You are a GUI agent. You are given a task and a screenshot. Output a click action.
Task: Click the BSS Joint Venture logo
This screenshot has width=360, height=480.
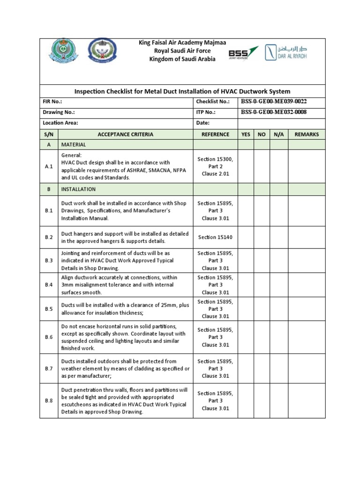coord(243,52)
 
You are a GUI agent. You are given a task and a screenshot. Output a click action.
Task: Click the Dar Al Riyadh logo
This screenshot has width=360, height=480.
coord(286,52)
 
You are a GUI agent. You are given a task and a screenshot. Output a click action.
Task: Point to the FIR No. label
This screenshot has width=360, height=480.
coord(52,102)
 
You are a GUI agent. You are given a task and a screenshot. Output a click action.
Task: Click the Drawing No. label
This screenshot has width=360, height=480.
coord(59,112)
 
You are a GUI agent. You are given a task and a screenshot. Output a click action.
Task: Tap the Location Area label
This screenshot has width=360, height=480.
coord(60,123)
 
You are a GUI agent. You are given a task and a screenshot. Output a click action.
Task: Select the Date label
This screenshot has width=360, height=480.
coord(202,123)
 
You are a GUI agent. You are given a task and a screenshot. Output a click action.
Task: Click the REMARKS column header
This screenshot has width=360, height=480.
coord(306,135)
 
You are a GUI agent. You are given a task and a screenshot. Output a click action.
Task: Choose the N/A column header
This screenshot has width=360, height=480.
coord(278,135)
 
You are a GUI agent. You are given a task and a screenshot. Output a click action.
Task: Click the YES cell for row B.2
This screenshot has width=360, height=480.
coord(246,238)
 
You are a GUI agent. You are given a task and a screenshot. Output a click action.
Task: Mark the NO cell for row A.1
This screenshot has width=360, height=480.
coord(262,166)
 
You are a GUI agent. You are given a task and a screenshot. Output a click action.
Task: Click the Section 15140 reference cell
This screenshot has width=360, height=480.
coord(215,238)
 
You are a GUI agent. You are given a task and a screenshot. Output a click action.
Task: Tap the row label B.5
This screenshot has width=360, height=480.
coord(49,309)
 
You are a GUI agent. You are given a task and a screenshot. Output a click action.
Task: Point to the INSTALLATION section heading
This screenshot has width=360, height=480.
coord(78,189)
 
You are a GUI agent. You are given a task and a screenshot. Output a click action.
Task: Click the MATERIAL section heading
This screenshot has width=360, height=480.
coord(74,145)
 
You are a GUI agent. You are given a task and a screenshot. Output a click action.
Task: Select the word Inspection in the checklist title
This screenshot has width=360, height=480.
coord(91,91)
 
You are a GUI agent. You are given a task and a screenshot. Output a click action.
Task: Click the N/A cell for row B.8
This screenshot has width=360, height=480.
coord(278,401)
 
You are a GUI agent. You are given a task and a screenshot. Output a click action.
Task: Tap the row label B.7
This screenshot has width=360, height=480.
coord(49,369)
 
